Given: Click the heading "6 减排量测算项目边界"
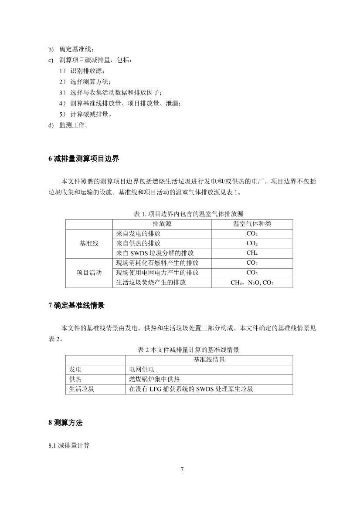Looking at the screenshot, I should tap(84, 159).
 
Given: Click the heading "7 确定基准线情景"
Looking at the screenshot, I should tap(77, 306).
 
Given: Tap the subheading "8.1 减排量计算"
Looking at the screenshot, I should tap(69, 445).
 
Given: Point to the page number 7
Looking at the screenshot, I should tap(182, 469).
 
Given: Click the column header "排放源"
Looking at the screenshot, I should tap(162, 224).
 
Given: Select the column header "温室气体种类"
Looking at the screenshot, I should tap(252, 224).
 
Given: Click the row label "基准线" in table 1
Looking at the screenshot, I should tap(89, 243).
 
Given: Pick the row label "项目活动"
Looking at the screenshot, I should tap(89, 273).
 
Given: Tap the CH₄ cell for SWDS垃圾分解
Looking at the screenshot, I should tap(252, 253).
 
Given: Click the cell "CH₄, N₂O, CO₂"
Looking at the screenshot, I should tap(252, 283).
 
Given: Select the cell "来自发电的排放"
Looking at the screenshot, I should tap(139, 233).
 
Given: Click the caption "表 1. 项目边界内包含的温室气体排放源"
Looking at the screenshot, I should tap(188, 214).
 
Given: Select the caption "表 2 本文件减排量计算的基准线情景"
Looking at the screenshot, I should tap(188, 350).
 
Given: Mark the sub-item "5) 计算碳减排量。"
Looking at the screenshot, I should tap(85, 115).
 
